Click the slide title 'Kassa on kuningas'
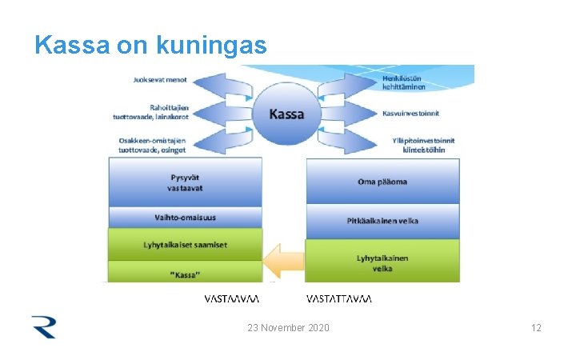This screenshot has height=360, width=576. tap(150, 45)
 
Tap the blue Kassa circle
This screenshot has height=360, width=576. tap(286, 114)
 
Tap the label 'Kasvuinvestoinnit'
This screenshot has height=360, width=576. tap(411, 113)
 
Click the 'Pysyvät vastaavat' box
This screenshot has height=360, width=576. tap(185, 182)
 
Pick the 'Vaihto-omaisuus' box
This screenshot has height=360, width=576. tap(185, 217)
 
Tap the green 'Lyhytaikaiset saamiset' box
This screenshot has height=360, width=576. tap(185, 244)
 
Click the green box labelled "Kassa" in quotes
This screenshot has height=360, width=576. tap(185, 273)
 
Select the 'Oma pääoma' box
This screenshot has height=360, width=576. tap(382, 182)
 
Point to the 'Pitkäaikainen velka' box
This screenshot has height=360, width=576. tap(382, 220)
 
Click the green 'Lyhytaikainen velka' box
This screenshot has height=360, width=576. tap(382, 262)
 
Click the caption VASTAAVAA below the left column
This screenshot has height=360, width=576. tap(232, 299)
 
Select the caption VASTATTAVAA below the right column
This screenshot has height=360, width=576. tap(339, 299)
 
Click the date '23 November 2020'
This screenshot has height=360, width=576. tap(288, 328)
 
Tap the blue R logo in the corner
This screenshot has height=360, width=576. tap(43, 326)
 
